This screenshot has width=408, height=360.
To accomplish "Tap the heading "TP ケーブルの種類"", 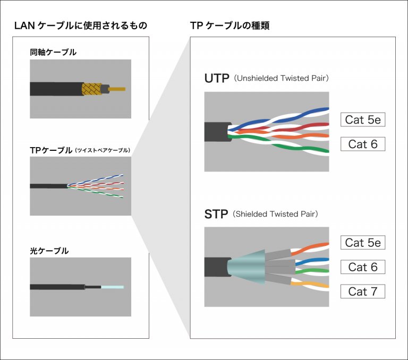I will (x=229, y=25).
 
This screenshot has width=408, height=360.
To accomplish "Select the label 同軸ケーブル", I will (x=53, y=53).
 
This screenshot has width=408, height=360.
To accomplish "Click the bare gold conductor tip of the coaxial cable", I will (x=118, y=89).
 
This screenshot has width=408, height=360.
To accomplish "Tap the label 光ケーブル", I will (x=49, y=251).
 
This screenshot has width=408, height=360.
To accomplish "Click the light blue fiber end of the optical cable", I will (x=112, y=287).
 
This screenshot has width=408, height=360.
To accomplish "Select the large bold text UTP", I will (x=216, y=79).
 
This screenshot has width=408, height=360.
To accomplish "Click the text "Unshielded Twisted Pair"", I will (x=282, y=79).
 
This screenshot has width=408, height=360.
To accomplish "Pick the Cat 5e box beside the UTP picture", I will (x=362, y=119).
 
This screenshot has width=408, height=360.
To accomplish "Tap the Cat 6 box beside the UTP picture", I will (x=362, y=144).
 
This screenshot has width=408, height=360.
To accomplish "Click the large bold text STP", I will (x=216, y=215).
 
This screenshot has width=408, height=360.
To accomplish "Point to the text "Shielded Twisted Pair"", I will (x=276, y=215).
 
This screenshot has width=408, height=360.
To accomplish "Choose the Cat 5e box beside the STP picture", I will (x=362, y=243).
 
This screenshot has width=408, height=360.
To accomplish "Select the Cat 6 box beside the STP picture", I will (x=362, y=267).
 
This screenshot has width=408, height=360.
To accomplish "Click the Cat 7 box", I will (x=362, y=291).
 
